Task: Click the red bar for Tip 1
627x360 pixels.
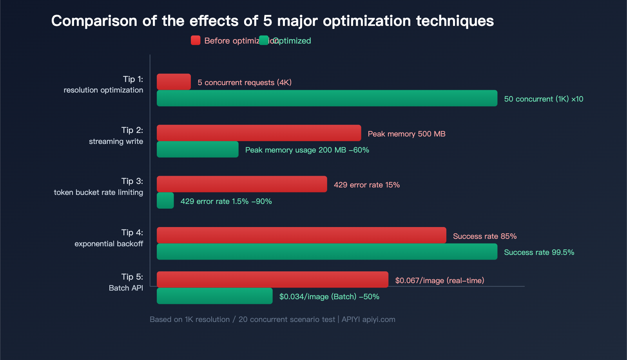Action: pos(174,82)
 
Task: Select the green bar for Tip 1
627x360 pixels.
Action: pos(327,98)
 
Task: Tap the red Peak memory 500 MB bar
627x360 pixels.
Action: pos(259,133)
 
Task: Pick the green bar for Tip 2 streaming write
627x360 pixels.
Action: pos(198,149)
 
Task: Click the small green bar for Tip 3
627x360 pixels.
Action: pos(165,200)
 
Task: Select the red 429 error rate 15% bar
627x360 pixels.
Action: pos(242,184)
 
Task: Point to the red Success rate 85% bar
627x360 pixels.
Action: pos(301,235)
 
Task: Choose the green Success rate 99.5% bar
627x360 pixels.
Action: pos(327,252)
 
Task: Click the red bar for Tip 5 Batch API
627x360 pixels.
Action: pos(272,280)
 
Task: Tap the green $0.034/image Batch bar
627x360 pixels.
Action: pos(214,296)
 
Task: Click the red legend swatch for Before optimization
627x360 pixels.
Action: pos(196,40)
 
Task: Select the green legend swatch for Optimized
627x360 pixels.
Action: pos(264,40)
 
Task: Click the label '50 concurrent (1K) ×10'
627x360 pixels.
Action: pos(544,99)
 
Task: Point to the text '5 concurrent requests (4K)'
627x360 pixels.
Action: pos(245,82)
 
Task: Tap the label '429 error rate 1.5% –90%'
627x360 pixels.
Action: pos(226,201)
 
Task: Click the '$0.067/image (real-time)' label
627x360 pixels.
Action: pos(440,280)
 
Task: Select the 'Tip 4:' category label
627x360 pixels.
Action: pos(132,233)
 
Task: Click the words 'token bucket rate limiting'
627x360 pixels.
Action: pos(98,192)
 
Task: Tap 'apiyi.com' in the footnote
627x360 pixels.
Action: pos(379,319)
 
